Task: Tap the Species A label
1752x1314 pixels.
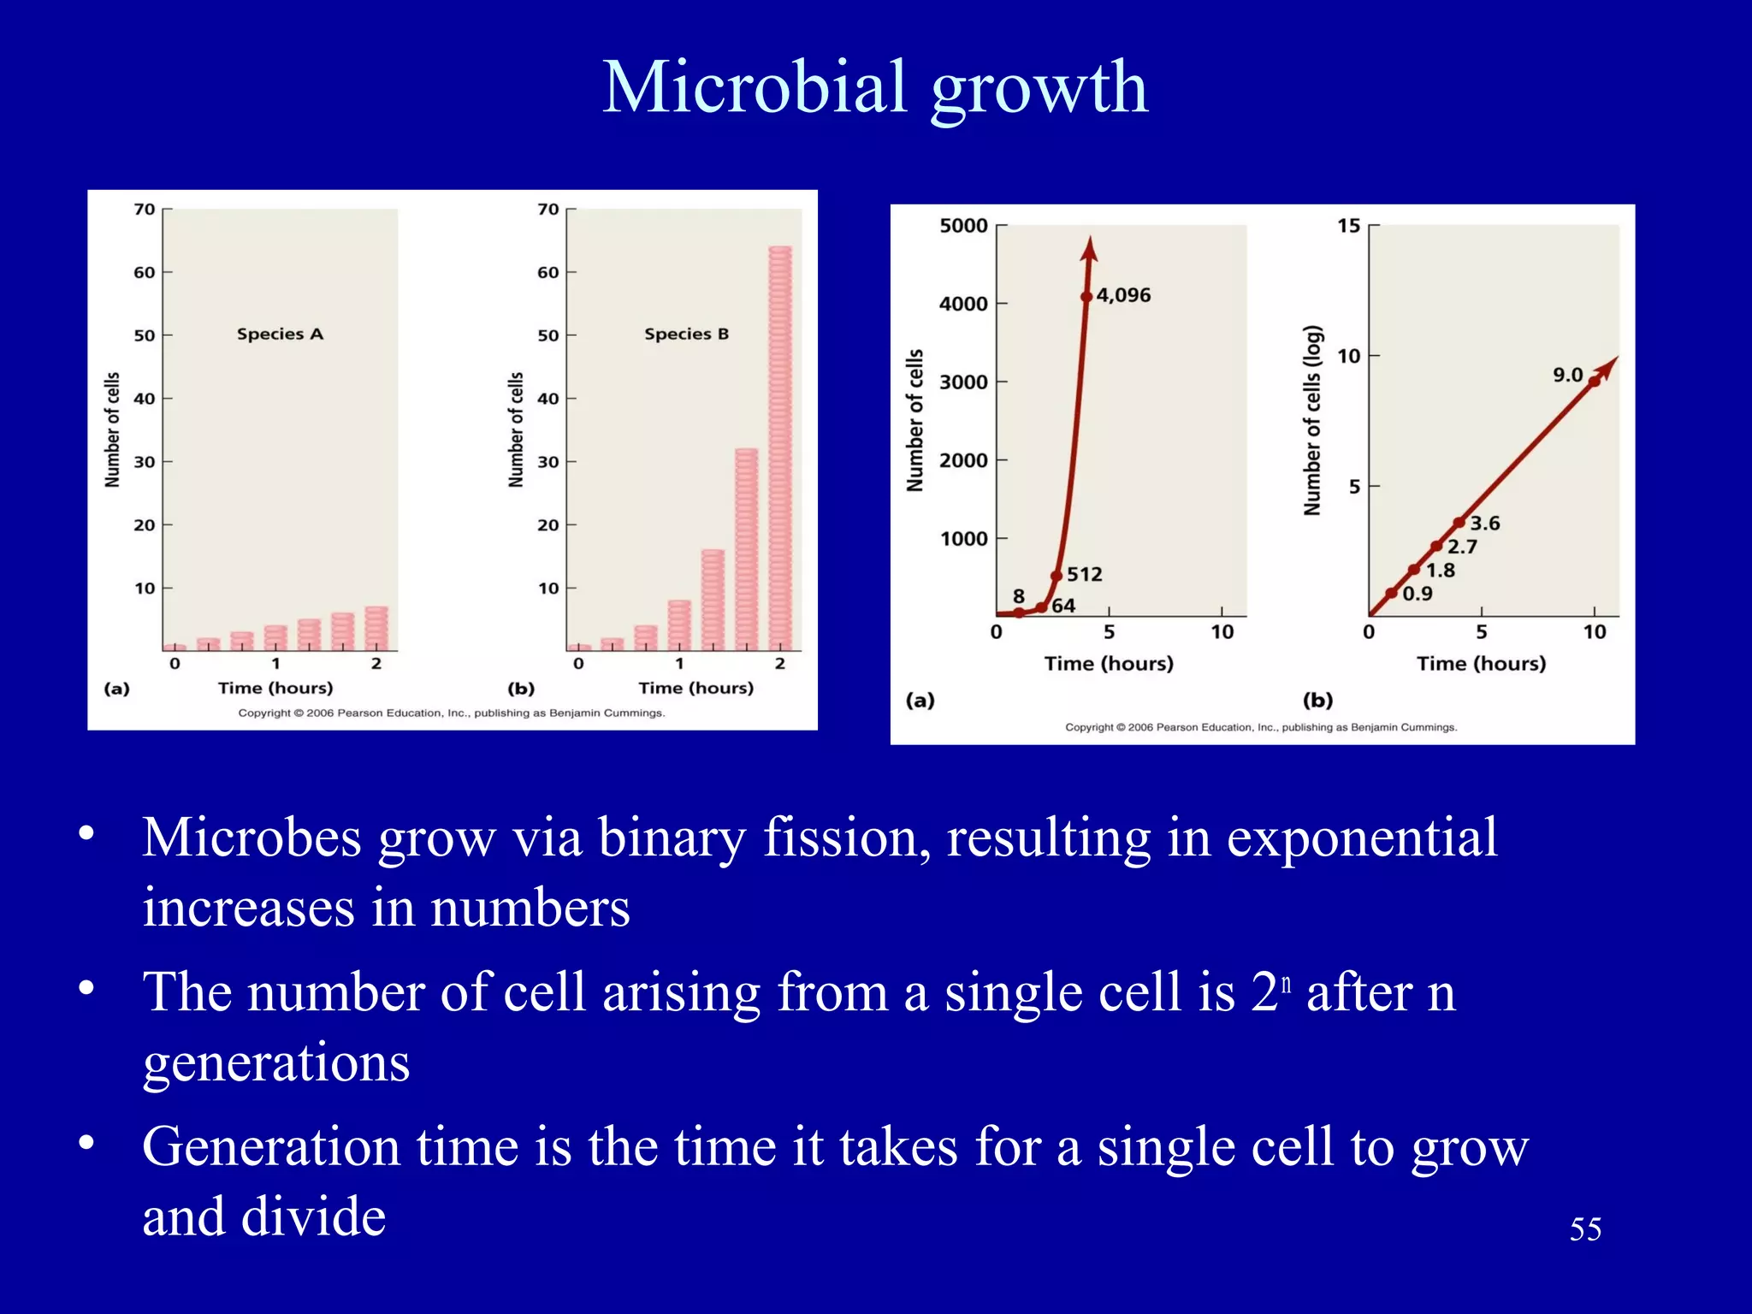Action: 280,334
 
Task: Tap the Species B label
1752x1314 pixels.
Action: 686,334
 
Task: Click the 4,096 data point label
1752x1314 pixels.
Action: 1123,295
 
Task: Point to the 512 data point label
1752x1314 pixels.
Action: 1084,574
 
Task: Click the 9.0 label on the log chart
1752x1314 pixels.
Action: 1567,375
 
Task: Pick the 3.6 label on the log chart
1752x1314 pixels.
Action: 1485,523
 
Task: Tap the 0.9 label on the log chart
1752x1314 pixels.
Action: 1418,594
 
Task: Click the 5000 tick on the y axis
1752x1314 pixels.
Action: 963,226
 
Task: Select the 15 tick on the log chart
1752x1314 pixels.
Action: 1348,226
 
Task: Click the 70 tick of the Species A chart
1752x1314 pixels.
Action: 145,210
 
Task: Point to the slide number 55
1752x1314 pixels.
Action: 1584,1229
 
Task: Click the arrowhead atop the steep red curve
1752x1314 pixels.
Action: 1089,249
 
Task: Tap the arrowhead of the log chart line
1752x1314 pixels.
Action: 1609,366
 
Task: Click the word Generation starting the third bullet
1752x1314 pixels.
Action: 270,1147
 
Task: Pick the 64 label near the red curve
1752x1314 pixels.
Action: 1063,606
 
